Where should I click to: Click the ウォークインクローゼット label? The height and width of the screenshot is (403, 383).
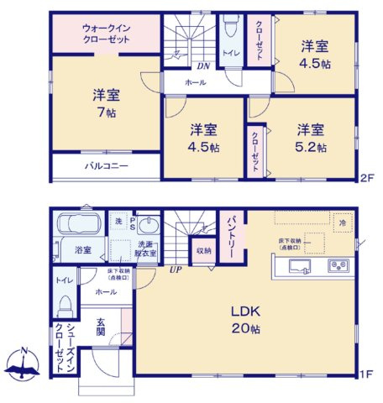click(x=105, y=34)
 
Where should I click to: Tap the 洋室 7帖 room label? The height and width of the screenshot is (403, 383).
click(x=106, y=103)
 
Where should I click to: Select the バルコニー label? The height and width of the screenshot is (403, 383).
click(x=106, y=166)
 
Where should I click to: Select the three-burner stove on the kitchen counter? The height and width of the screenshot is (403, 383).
click(x=339, y=266)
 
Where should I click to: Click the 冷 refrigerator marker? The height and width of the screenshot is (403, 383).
click(x=342, y=223)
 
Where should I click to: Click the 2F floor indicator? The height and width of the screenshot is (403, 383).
click(x=366, y=177)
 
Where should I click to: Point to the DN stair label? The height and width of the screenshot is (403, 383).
click(x=202, y=66)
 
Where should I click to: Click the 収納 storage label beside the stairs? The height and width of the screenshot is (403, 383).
click(x=204, y=249)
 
